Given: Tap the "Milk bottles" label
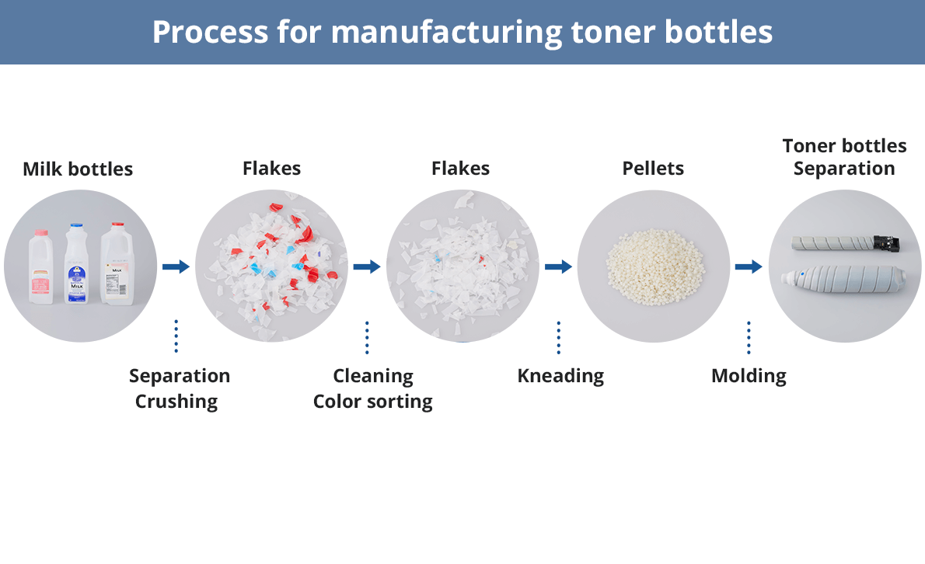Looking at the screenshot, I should click(x=78, y=169).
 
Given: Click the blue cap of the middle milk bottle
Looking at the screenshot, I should click(x=75, y=227).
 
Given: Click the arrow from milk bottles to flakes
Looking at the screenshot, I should click(x=176, y=266).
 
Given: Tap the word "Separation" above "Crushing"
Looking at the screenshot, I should click(x=180, y=376).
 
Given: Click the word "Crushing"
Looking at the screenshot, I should click(x=176, y=401).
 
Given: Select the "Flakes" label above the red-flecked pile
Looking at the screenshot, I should click(x=271, y=168).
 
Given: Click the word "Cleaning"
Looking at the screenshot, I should click(x=373, y=376).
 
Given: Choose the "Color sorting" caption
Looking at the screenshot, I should click(x=373, y=401).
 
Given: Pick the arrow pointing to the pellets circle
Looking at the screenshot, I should click(x=558, y=266).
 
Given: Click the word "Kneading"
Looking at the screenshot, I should click(x=560, y=376).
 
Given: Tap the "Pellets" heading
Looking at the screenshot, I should click(x=653, y=168).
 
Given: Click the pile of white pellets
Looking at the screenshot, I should click(x=653, y=266).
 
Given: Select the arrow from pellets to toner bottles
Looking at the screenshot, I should click(x=749, y=266).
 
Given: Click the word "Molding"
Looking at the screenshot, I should click(x=749, y=376).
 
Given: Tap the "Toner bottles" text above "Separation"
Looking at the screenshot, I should click(x=844, y=145).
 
